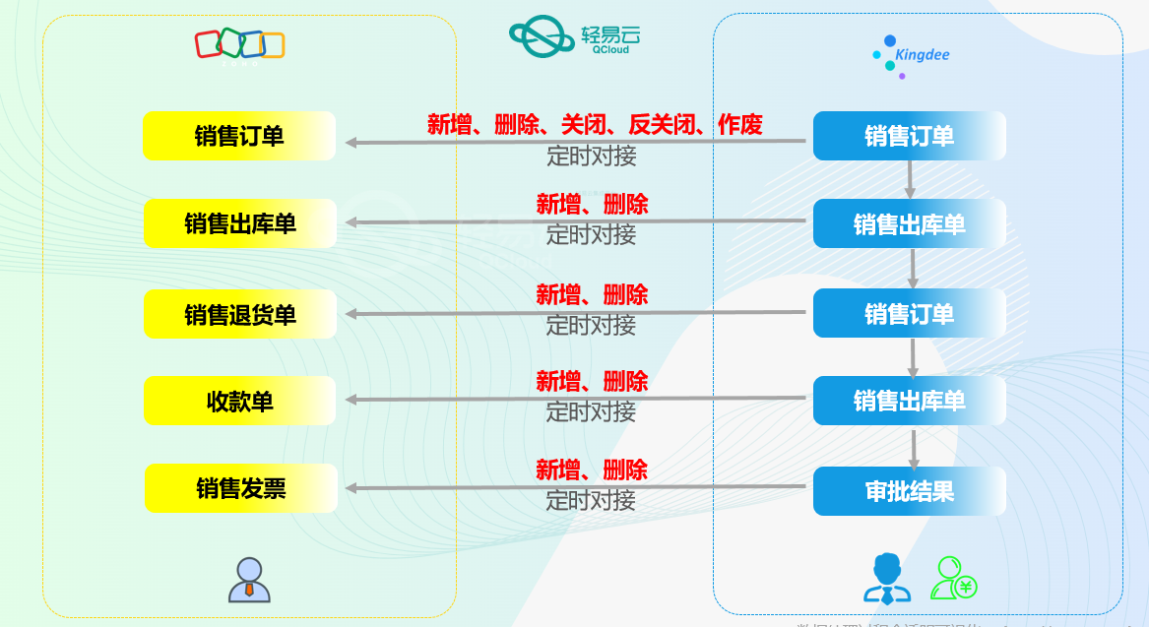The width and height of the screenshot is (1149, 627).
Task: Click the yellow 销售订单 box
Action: [x=239, y=136]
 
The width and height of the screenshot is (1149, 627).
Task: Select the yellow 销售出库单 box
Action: [x=239, y=223]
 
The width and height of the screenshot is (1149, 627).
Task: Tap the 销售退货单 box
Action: [x=239, y=314]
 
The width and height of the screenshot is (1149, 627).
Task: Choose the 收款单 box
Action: [x=239, y=401]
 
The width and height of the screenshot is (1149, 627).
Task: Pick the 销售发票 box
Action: [x=240, y=488]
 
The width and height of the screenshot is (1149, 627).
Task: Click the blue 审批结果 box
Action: [x=909, y=491]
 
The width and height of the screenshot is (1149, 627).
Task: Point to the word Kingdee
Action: [x=923, y=55]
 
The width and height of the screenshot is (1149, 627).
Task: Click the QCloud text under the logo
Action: [x=610, y=49]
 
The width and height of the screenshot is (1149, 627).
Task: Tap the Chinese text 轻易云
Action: [x=610, y=31]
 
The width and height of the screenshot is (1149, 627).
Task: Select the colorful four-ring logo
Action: [x=239, y=44]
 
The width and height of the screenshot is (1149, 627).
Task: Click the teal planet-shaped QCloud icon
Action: [x=542, y=36]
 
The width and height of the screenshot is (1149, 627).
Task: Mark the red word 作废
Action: [x=740, y=124]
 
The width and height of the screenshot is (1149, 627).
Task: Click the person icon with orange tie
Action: [x=249, y=580]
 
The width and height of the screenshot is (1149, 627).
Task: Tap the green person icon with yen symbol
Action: [x=954, y=579]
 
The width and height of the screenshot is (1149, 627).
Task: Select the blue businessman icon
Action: [x=887, y=579]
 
